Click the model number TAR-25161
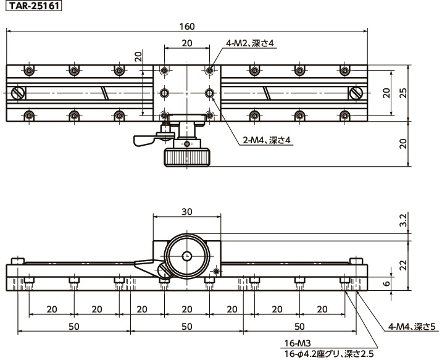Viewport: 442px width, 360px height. (33, 6)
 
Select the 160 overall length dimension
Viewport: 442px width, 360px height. (187, 27)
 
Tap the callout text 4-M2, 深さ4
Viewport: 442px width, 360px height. (250, 43)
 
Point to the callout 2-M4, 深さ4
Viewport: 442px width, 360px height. (267, 140)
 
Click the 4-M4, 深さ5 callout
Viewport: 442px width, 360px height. (414, 327)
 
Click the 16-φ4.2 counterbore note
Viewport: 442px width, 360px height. (328, 353)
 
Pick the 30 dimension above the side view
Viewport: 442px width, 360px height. (187, 211)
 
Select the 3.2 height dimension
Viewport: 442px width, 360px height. (404, 220)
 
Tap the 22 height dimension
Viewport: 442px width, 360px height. (404, 266)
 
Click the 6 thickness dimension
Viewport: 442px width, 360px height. (387, 283)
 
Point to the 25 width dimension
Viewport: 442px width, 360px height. (404, 93)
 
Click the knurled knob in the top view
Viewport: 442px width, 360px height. (187, 158)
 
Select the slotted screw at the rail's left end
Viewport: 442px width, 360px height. (18, 93)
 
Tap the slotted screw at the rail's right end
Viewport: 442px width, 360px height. (356, 93)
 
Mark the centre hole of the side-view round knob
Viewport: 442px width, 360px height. (187, 256)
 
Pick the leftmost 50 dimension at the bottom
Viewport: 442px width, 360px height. (74, 327)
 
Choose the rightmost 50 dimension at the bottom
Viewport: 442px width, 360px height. (299, 327)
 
